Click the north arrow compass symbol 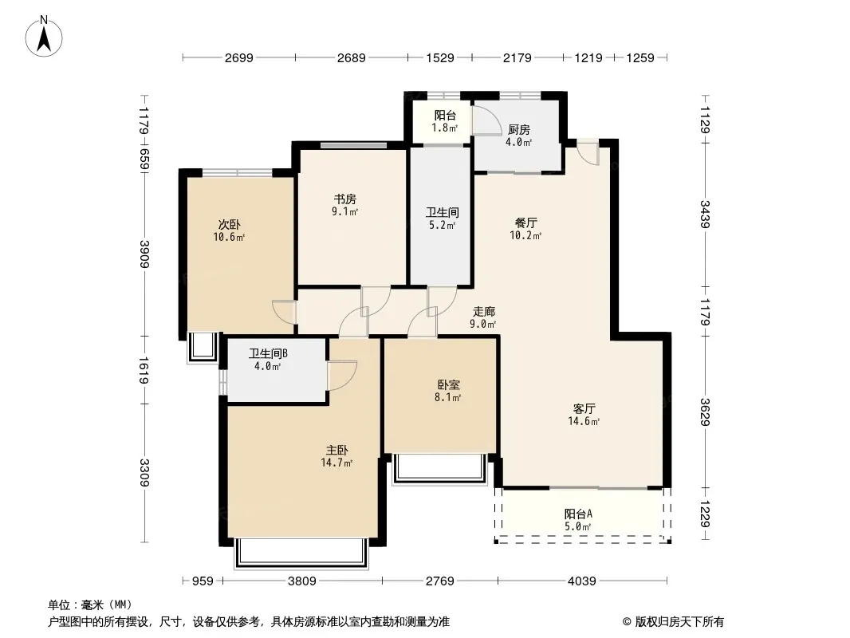tap(44, 37)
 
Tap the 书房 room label tap(344, 199)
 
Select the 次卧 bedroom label tap(230, 224)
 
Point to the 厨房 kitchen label tap(519, 130)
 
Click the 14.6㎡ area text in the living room tap(584, 421)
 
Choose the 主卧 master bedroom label tap(336, 451)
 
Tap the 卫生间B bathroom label tap(268, 354)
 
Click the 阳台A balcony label tap(578, 514)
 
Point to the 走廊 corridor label tap(483, 312)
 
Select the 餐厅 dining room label tap(525, 223)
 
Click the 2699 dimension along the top tap(239, 58)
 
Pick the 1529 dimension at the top tap(439, 58)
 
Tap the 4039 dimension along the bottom tap(581, 581)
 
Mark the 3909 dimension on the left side tap(144, 254)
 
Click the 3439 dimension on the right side tap(705, 214)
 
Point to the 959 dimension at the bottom tap(203, 581)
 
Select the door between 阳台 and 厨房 tap(487, 120)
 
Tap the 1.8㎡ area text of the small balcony tap(444, 128)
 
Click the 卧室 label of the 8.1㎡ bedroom tap(448, 385)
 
